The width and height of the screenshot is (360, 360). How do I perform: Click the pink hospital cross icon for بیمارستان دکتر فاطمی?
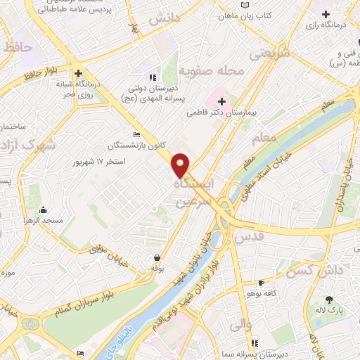[221, 101]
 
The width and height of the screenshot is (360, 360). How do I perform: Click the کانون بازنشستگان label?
[136, 145]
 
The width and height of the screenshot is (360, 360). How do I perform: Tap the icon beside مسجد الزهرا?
[44, 210]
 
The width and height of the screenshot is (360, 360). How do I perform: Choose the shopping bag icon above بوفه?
[155, 257]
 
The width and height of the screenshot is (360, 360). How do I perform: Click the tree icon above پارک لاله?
[329, 300]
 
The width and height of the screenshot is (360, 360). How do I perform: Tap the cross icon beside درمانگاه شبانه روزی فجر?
[79, 72]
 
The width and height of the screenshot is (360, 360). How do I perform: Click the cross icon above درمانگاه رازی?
[325, 14]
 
